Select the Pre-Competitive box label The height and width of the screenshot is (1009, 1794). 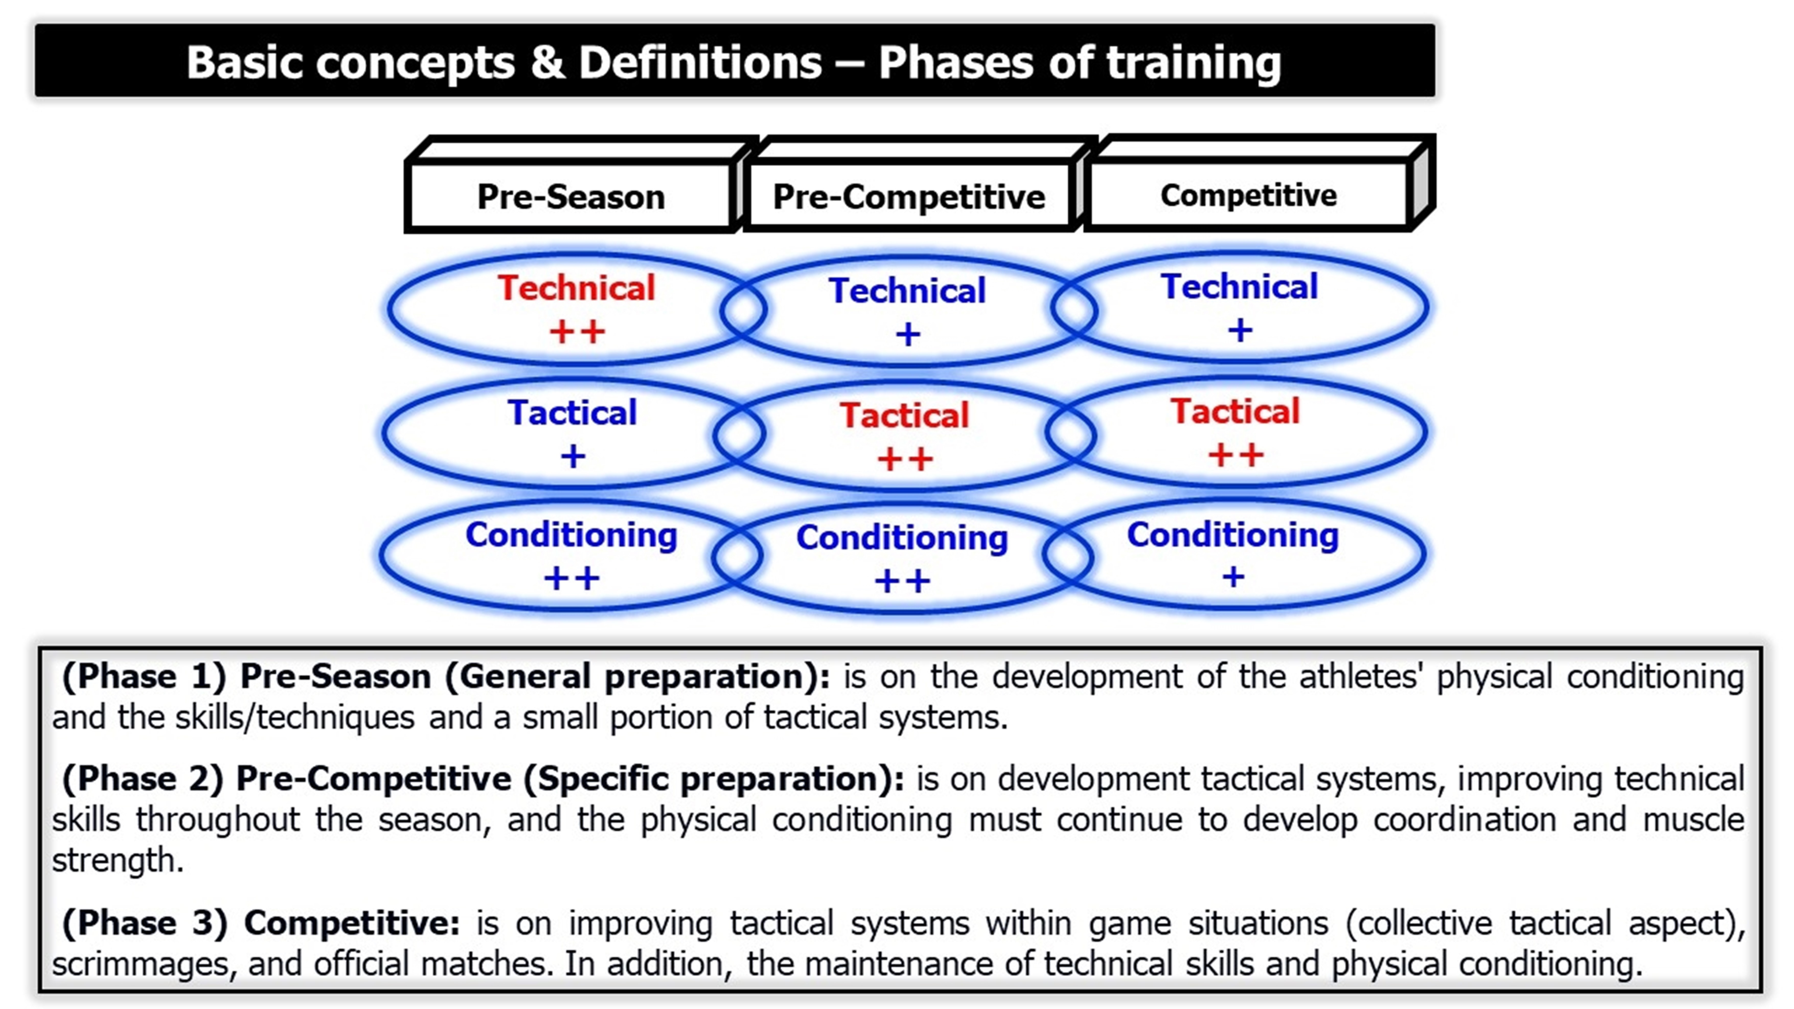pyautogui.click(x=909, y=196)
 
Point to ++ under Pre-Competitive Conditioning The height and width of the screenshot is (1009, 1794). pyautogui.click(x=902, y=581)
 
